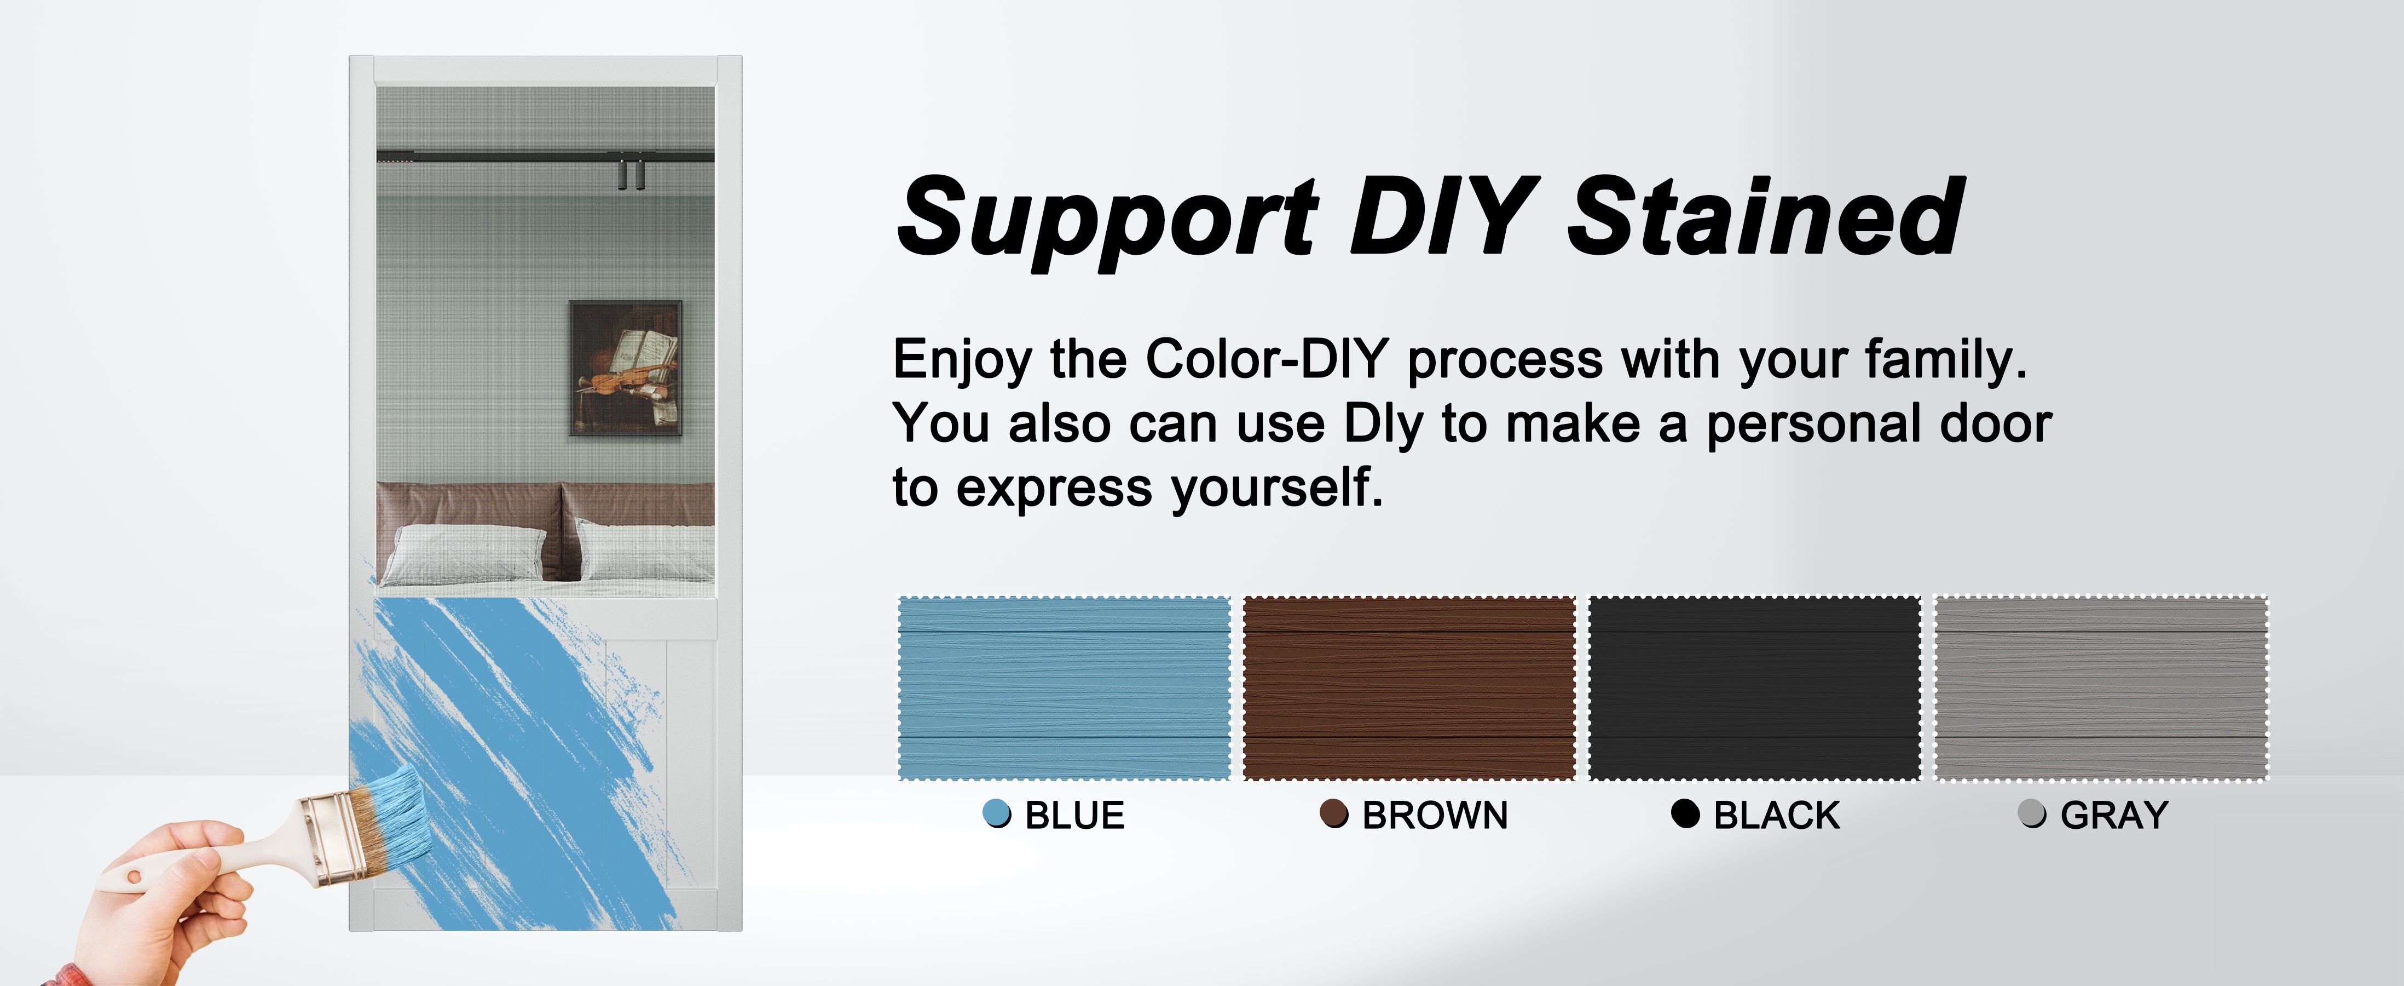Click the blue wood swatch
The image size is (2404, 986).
point(1064,688)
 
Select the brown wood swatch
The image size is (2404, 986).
point(1409,688)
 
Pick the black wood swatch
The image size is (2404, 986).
point(1754,688)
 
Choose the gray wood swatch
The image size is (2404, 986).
point(2101,688)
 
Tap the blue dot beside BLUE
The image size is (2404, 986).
point(997,813)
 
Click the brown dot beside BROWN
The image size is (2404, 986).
point(1333,813)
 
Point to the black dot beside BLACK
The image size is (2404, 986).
point(1685,813)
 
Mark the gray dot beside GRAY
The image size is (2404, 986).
point(2032,813)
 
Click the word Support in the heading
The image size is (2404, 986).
point(1108,220)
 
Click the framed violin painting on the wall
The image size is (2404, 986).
point(625,369)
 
